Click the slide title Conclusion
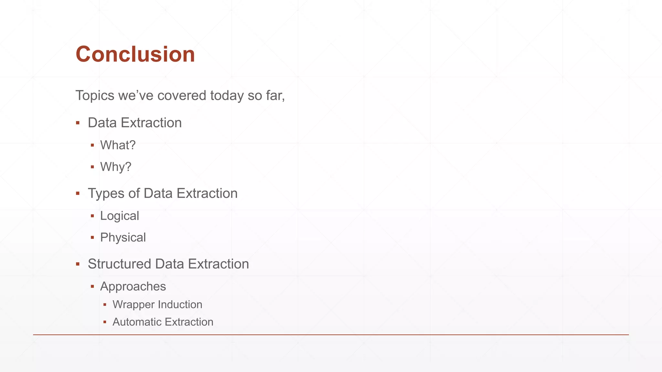(x=135, y=54)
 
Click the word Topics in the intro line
(x=95, y=96)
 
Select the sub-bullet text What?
(x=118, y=145)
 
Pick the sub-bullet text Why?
(x=116, y=167)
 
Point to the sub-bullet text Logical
(x=120, y=216)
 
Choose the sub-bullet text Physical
(x=123, y=237)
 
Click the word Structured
(x=119, y=264)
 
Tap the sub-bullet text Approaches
(x=133, y=286)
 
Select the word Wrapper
(x=133, y=305)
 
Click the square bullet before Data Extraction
(x=78, y=123)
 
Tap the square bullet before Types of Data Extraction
(x=78, y=193)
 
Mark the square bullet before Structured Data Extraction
(x=78, y=264)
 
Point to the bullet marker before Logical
(x=92, y=216)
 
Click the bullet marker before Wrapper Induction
(x=105, y=305)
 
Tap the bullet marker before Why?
(x=92, y=167)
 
